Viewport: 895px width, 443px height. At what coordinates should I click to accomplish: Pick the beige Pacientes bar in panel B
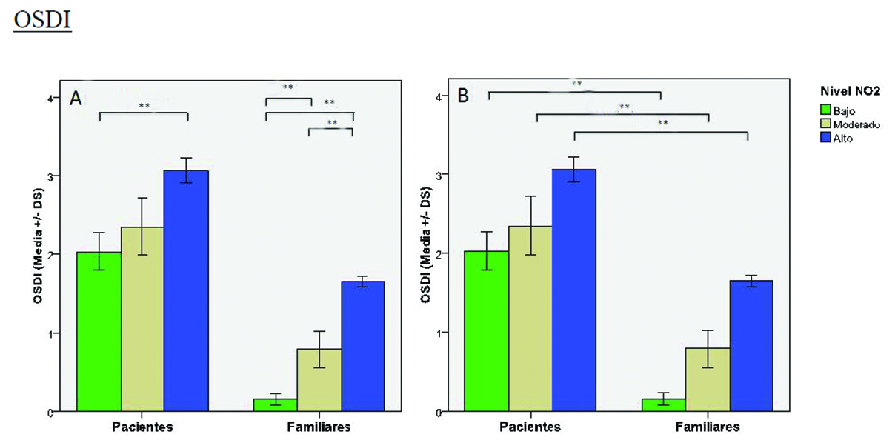[530, 319]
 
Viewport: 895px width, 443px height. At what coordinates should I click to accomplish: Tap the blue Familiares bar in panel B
[751, 345]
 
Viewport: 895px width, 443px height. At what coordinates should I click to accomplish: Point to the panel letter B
[464, 96]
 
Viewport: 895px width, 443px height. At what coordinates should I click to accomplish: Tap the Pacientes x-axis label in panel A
[143, 427]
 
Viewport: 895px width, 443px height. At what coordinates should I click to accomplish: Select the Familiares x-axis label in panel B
[707, 427]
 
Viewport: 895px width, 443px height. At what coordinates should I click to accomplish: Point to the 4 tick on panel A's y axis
[51, 98]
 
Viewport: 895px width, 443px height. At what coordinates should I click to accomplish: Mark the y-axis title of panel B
[426, 253]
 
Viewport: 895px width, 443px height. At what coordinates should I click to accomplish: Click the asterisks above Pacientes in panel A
[144, 107]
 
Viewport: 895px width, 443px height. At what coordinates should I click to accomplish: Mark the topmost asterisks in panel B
[576, 84]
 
